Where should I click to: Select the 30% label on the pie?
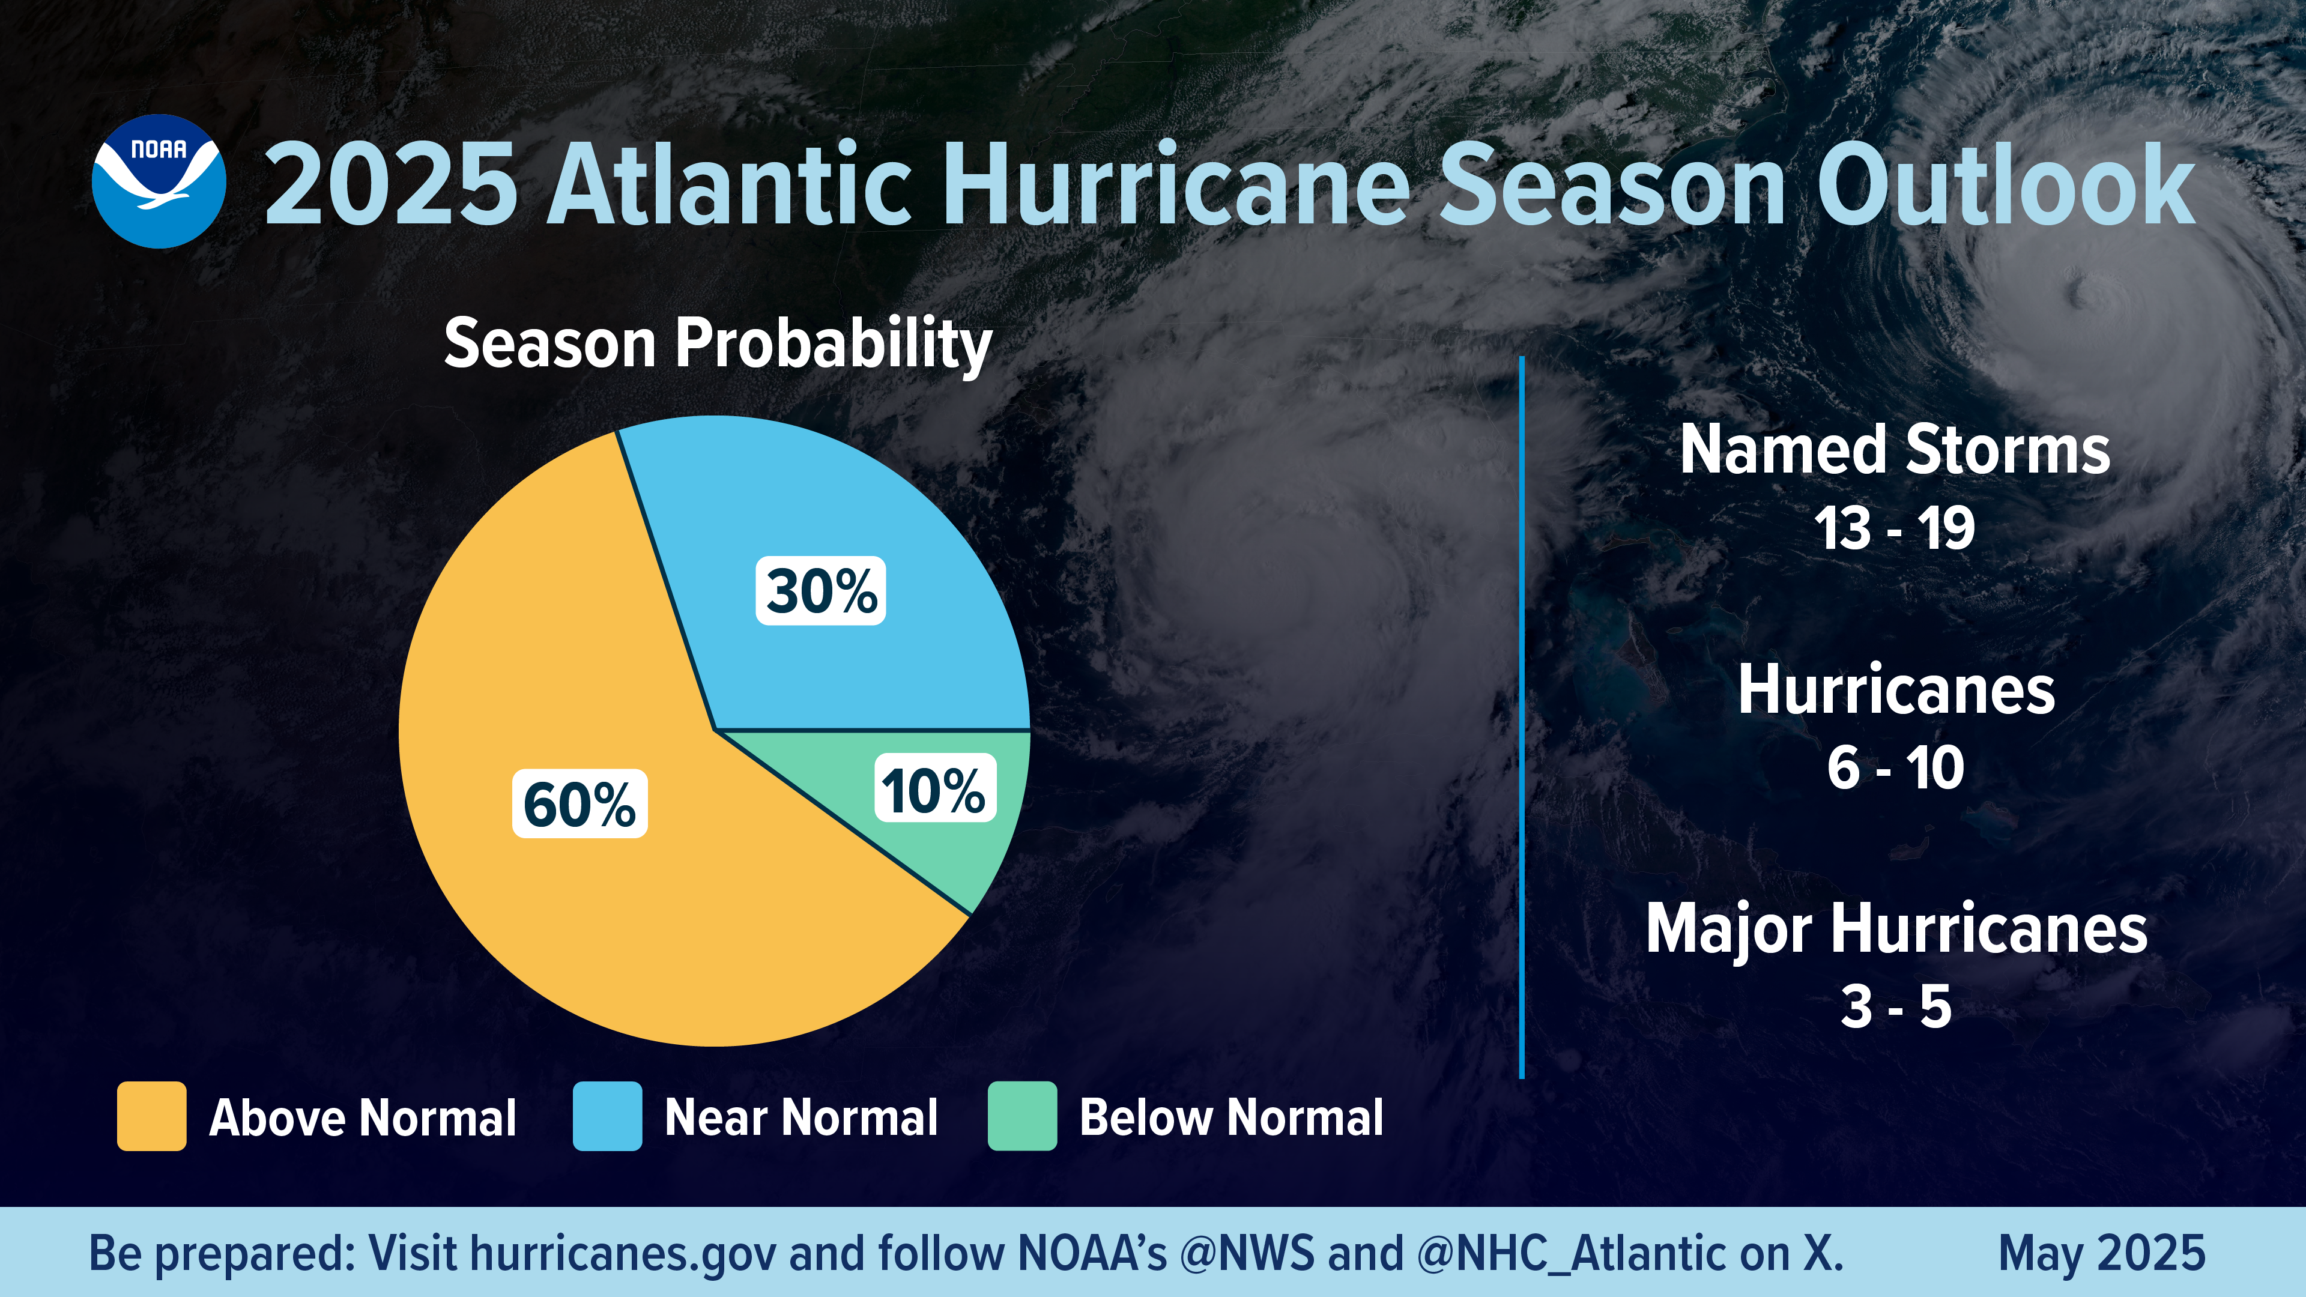coord(821,591)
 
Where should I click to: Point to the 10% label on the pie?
coord(934,788)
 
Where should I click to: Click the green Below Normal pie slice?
coord(967,850)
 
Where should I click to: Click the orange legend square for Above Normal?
coord(151,1116)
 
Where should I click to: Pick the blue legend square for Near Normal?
coord(607,1116)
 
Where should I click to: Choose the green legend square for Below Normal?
coord(1021,1116)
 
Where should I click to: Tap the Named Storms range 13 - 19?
coord(1894,528)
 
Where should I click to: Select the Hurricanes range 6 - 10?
coord(1895,768)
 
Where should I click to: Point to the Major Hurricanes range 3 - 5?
coord(1895,1007)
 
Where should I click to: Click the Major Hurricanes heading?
coord(1895,929)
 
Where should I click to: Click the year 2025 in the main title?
coord(391,186)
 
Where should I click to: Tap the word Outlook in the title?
coord(2005,186)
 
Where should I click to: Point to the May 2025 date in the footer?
coord(2101,1253)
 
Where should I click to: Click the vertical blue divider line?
coord(1522,716)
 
